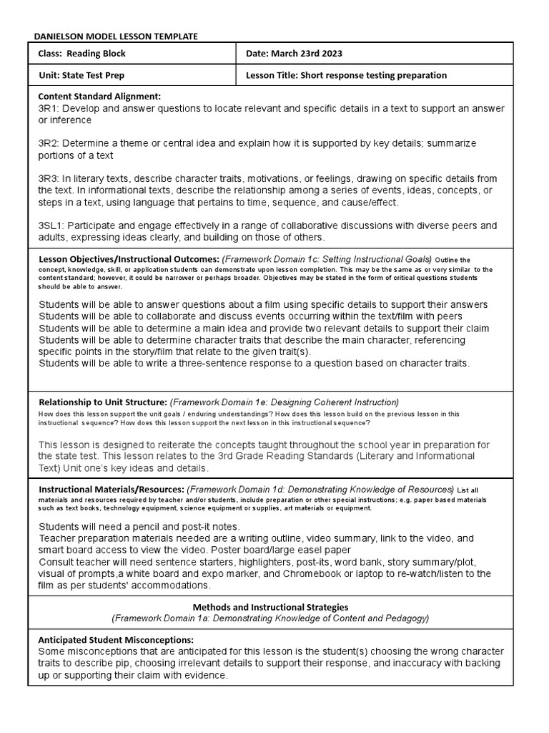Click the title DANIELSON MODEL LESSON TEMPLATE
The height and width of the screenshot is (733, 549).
(117, 36)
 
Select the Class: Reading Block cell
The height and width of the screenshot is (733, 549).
(81, 54)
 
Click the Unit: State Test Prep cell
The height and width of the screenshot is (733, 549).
(85, 75)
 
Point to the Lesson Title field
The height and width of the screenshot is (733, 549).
(346, 75)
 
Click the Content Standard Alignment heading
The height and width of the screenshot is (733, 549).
(99, 97)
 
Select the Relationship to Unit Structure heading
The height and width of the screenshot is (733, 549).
(102, 402)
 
